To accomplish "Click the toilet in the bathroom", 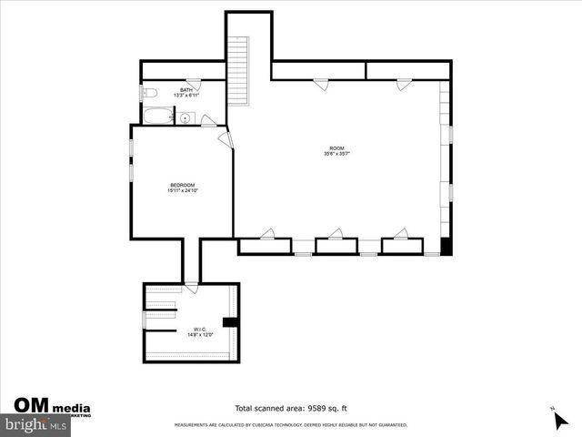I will point(151,93).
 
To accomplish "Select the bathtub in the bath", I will point(158,117).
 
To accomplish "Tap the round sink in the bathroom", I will point(185,117).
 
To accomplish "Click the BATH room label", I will point(186,90).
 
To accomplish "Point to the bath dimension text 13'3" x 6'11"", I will point(186,96).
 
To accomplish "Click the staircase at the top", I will point(239,72).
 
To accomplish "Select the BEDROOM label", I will point(182,186).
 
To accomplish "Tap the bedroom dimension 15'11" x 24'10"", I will point(182,191).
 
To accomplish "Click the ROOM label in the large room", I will point(336,148).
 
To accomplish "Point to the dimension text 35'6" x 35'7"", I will point(336,154).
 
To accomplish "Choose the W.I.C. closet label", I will point(199,330).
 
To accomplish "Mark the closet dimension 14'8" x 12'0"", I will point(199,335).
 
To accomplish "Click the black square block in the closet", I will point(229,321).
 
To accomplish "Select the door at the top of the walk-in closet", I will point(191,289).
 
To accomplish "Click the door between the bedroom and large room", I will point(226,139).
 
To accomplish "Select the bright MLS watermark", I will point(35,425).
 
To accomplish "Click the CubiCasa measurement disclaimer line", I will point(290,425).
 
